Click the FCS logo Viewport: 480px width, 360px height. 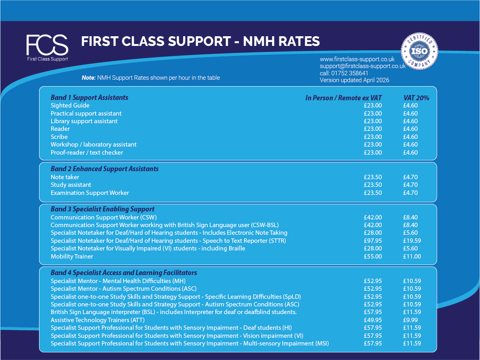click(47, 48)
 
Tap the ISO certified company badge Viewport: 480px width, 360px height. click(419, 51)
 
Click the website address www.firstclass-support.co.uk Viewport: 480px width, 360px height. click(357, 59)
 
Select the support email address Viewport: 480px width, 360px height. click(363, 66)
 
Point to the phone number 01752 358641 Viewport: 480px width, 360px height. click(350, 73)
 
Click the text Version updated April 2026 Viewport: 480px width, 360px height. click(354, 80)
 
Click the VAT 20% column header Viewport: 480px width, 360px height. click(416, 98)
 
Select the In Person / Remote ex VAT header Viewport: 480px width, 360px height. click(343, 98)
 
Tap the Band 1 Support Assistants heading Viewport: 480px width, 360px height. click(89, 97)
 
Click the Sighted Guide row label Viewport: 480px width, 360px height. click(70, 106)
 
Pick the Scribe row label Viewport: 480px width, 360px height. click(59, 137)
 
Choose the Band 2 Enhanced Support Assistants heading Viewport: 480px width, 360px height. click(105, 169)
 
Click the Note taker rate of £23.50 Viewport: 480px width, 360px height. click(373, 177)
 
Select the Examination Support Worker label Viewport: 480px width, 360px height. click(90, 193)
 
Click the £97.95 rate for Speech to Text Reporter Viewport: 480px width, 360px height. click(373, 241)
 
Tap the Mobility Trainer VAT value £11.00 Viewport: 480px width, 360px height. click(412, 256)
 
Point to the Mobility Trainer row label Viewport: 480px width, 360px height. click(72, 256)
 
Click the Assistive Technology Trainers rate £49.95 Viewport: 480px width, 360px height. click(373, 320)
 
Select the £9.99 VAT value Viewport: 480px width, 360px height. click(410, 320)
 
